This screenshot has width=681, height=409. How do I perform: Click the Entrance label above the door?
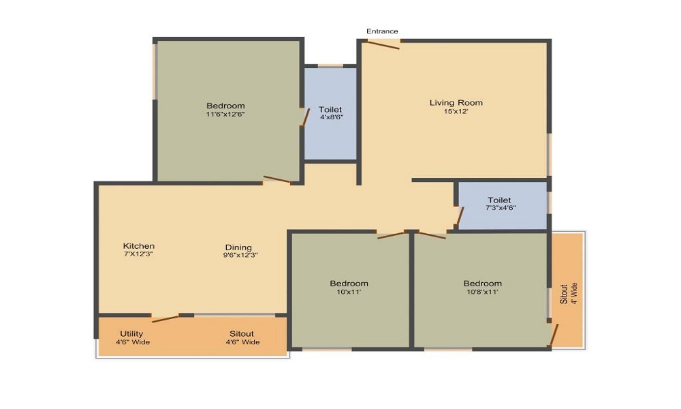click(x=382, y=31)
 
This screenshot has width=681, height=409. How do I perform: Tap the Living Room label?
click(x=456, y=103)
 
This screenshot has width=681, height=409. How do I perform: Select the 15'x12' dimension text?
click(x=456, y=112)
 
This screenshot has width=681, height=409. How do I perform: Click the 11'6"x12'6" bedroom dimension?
click(x=225, y=115)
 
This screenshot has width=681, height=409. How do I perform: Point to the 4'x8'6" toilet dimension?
click(x=330, y=117)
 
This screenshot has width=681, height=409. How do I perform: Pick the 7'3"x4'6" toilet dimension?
click(x=500, y=208)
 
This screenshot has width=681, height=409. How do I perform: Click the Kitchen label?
click(x=139, y=246)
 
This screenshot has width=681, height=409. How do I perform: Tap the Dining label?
click(x=238, y=247)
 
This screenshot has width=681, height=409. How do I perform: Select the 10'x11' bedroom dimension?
click(x=349, y=292)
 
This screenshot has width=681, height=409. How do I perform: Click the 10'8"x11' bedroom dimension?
click(x=482, y=292)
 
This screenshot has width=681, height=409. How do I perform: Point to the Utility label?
click(x=131, y=333)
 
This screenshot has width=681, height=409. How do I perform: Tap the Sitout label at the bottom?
click(x=241, y=333)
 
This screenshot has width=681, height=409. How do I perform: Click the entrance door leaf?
click(x=383, y=45)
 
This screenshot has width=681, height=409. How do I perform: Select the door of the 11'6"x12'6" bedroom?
click(x=277, y=180)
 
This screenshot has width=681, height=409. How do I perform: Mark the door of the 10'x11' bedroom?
click(x=391, y=235)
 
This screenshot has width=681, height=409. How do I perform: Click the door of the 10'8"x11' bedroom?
click(x=432, y=235)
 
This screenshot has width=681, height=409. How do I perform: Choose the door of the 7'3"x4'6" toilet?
click(x=460, y=216)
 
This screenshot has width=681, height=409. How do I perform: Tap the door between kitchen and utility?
click(x=165, y=318)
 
